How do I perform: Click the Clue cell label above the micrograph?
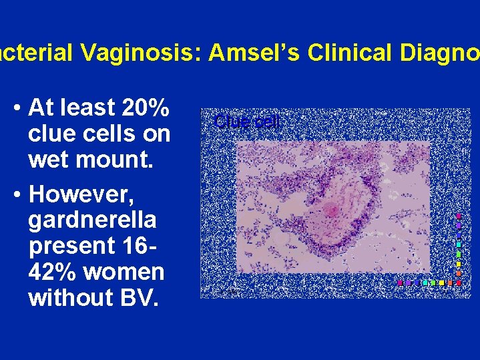coord(248,122)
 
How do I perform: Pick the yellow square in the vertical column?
coord(459,264)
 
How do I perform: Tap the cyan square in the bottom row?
coord(425,283)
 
